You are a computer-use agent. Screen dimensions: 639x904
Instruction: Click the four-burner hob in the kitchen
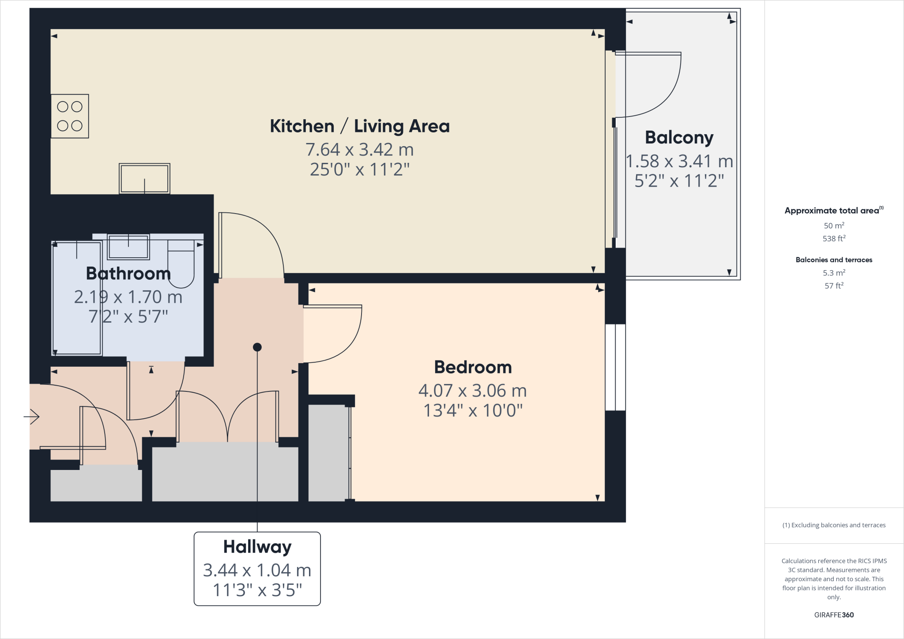pyautogui.click(x=70, y=116)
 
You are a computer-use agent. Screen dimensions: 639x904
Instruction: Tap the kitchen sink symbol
pyautogui.click(x=144, y=179)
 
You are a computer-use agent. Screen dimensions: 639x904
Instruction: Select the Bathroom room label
pyautogui.click(x=128, y=274)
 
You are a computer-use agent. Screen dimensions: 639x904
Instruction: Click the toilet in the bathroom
pyautogui.click(x=181, y=263)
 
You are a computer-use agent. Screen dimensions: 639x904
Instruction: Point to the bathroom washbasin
pyautogui.click(x=128, y=247)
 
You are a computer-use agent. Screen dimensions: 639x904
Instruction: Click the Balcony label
pyautogui.click(x=679, y=138)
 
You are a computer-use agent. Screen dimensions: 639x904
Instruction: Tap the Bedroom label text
pyautogui.click(x=473, y=367)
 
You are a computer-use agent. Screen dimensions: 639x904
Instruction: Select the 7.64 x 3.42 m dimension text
pyautogui.click(x=359, y=150)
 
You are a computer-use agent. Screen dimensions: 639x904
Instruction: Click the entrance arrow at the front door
pyautogui.click(x=32, y=416)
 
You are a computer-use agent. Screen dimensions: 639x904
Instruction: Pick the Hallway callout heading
pyautogui.click(x=257, y=547)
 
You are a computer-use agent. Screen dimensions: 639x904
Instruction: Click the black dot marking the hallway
pyautogui.click(x=257, y=347)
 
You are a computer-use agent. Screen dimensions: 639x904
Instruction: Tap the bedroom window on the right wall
pyautogui.click(x=615, y=367)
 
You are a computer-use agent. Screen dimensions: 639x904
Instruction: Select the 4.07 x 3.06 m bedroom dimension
pyautogui.click(x=472, y=391)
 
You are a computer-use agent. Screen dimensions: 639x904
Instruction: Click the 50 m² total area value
pyautogui.click(x=833, y=226)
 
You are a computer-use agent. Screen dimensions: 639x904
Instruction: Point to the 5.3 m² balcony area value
pyautogui.click(x=833, y=273)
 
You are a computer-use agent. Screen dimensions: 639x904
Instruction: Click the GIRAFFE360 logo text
pyautogui.click(x=833, y=615)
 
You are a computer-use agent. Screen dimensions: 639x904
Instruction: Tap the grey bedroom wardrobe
pyautogui.click(x=328, y=452)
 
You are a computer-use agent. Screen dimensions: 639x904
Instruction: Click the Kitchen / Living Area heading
pyautogui.click(x=359, y=126)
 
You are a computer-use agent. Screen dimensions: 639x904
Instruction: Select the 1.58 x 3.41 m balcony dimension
pyautogui.click(x=679, y=162)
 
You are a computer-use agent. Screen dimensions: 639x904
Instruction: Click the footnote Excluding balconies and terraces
pyautogui.click(x=833, y=525)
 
